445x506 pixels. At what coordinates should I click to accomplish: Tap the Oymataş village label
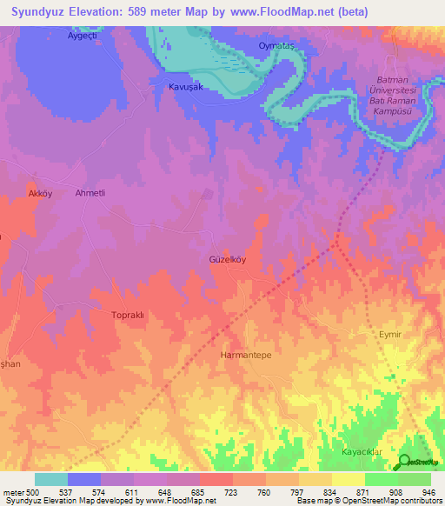pyautogui.click(x=278, y=45)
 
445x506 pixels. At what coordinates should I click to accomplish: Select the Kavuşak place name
pyautogui.click(x=185, y=88)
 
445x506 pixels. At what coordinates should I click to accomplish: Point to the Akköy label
pyautogui.click(x=41, y=193)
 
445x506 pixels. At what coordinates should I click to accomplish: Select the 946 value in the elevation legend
pyautogui.click(x=429, y=491)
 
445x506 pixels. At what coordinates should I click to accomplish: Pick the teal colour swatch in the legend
pyautogui.click(x=51, y=479)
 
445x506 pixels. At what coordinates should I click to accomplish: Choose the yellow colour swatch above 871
pyautogui.click(x=348, y=479)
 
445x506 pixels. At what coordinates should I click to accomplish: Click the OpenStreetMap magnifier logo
pyautogui.click(x=404, y=462)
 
